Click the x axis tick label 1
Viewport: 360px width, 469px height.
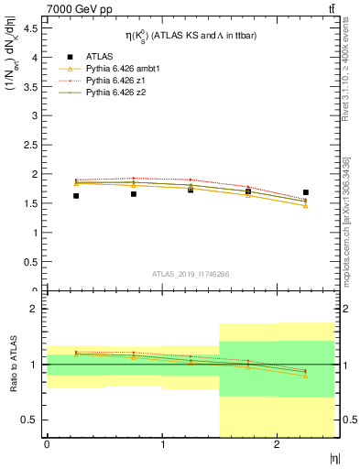(162, 445)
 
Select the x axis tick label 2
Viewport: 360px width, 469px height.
(278, 445)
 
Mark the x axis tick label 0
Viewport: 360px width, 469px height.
(47, 445)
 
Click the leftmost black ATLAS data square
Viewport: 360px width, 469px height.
(76, 195)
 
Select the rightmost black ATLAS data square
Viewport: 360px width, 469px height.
(306, 192)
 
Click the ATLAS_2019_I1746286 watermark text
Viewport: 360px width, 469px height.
(190, 274)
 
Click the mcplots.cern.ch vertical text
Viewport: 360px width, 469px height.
(346, 211)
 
